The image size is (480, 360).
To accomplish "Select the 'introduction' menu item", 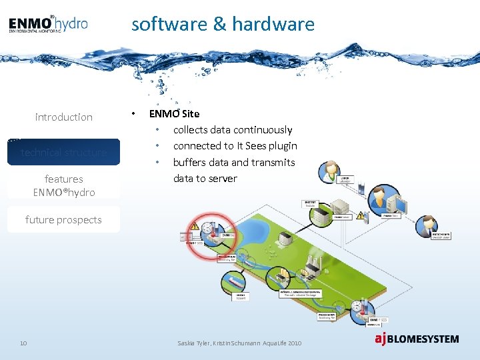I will point(64,117).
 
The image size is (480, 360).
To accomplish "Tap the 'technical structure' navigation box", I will point(64,152).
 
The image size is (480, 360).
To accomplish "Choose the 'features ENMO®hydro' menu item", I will point(64,185).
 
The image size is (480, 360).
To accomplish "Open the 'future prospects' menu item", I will point(64,219).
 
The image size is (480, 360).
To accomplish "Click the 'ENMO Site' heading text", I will point(174,114).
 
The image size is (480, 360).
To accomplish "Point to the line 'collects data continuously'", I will point(233,130).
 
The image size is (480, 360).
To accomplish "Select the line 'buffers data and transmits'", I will point(234,162).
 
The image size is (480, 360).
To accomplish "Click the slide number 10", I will point(23,343).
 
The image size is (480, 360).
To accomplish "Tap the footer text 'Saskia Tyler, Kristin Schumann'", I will point(220,343).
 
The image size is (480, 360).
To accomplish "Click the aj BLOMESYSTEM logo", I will point(416,339).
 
